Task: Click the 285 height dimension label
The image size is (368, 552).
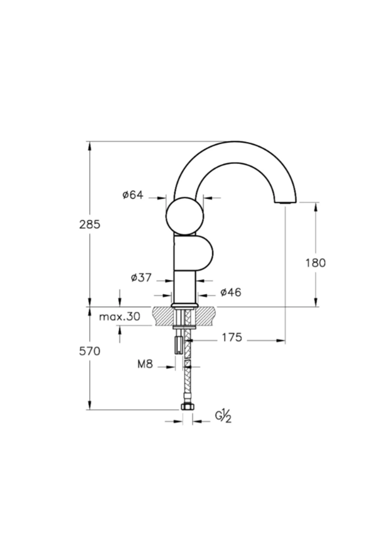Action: point(90,224)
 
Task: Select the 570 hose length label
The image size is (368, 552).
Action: point(90,351)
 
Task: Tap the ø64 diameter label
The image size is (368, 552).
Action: point(133,195)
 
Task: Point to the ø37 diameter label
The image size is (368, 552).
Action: point(141,278)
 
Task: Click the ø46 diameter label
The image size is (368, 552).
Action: point(231,292)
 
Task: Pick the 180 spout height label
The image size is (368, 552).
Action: point(316,263)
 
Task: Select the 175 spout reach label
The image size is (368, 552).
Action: point(232,337)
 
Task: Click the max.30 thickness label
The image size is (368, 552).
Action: point(120,316)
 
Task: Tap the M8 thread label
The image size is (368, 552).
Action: point(145,364)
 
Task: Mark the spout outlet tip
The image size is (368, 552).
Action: point(285,202)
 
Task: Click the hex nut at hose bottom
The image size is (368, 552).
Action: point(187,407)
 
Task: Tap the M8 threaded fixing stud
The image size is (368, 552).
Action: point(178,345)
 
